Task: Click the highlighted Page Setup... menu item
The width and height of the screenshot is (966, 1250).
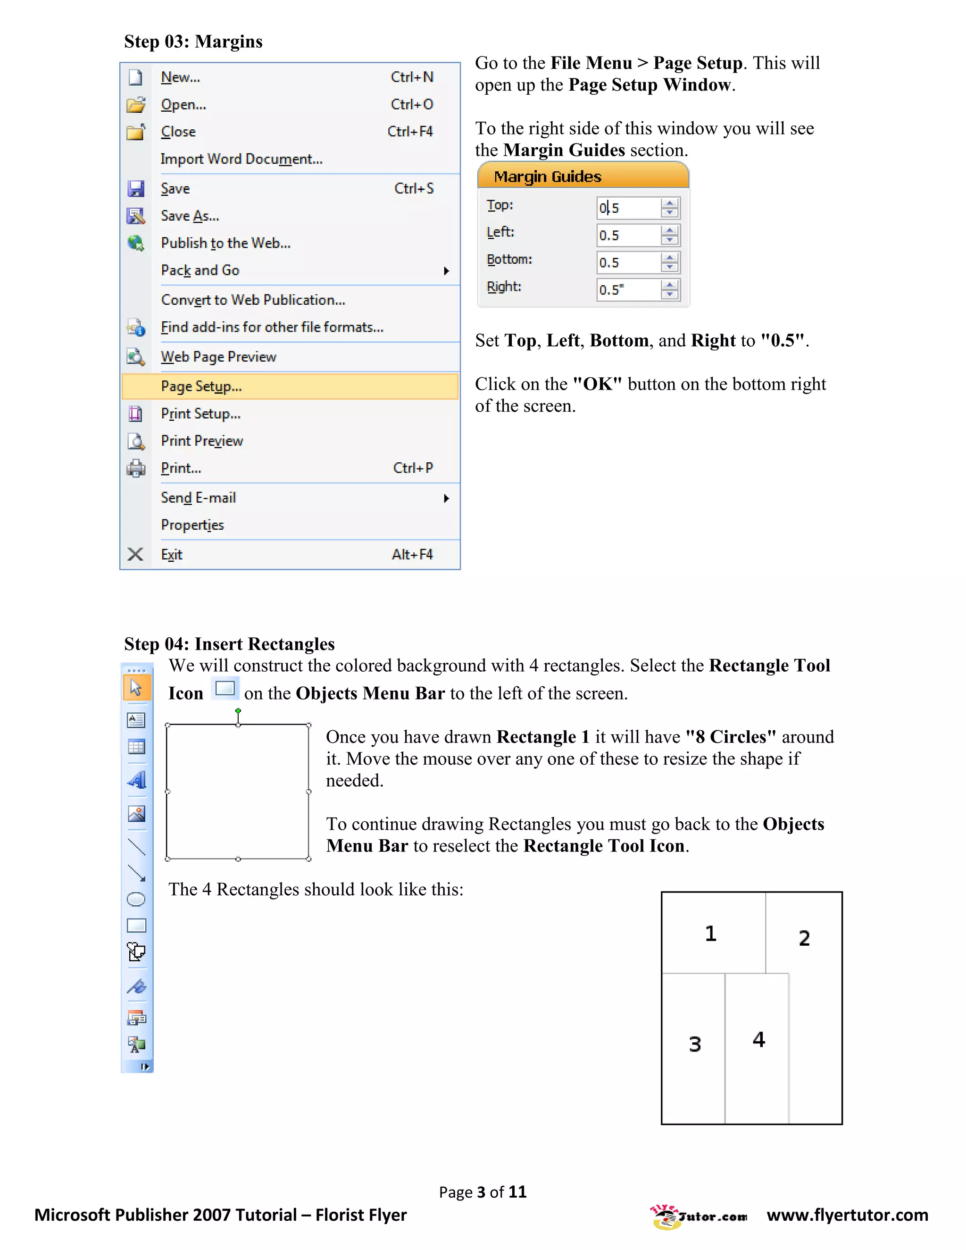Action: [x=201, y=386]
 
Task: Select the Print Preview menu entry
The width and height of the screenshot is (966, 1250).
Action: [x=201, y=441]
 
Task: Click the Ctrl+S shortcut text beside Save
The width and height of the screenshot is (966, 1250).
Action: [x=414, y=188]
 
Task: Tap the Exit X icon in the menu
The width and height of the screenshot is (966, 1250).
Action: [x=135, y=554]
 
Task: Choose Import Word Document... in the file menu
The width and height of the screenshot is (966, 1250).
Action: [x=241, y=158]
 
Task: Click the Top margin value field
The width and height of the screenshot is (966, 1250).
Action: [x=627, y=208]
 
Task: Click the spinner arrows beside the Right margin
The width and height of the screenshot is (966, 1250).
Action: [x=669, y=290]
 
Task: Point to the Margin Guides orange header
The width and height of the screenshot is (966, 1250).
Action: [x=583, y=176]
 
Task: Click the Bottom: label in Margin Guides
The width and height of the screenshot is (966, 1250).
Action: [x=509, y=259]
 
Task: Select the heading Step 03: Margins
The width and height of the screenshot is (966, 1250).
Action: [x=193, y=41]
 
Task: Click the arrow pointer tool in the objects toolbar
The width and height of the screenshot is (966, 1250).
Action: [x=136, y=687]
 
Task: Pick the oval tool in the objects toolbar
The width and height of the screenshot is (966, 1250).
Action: [x=136, y=899]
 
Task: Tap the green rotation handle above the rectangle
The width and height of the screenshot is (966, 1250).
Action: [x=238, y=711]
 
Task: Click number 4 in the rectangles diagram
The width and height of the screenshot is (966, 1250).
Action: [x=758, y=1039]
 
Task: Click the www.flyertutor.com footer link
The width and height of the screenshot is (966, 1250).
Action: [x=847, y=1215]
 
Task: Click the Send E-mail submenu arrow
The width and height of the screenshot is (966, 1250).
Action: [x=446, y=499]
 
